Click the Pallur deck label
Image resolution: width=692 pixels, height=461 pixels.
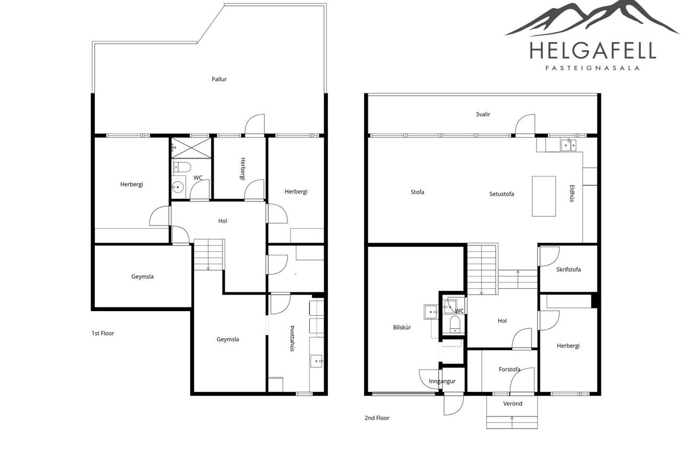(x=219, y=79)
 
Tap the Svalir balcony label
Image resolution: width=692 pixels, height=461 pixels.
(x=483, y=114)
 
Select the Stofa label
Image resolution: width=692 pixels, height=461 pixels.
(x=417, y=192)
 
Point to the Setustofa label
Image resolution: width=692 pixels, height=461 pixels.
(x=501, y=194)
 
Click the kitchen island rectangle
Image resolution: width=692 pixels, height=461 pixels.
(x=543, y=196)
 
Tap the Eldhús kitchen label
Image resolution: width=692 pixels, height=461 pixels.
(x=572, y=194)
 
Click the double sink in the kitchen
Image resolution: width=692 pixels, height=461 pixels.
(x=569, y=145)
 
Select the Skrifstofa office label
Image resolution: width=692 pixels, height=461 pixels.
(x=569, y=270)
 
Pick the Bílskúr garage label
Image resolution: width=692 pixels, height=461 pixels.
(x=402, y=328)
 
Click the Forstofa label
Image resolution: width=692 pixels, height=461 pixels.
(x=509, y=369)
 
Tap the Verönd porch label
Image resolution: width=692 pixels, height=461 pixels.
(x=513, y=403)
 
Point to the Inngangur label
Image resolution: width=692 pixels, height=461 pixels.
(x=442, y=381)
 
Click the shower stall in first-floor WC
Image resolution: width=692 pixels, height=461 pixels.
(x=191, y=148)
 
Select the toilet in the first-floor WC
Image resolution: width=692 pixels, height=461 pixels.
(x=182, y=167)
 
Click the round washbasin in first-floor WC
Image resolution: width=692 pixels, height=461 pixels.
(x=178, y=187)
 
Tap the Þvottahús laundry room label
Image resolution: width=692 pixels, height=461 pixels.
(x=292, y=339)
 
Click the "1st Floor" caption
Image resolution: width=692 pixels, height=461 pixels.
(x=103, y=333)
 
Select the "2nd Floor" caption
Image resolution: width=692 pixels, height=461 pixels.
(x=377, y=418)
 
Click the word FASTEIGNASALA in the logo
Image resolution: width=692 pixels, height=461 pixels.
(x=592, y=68)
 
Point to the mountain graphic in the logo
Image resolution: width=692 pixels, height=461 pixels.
(x=591, y=18)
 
